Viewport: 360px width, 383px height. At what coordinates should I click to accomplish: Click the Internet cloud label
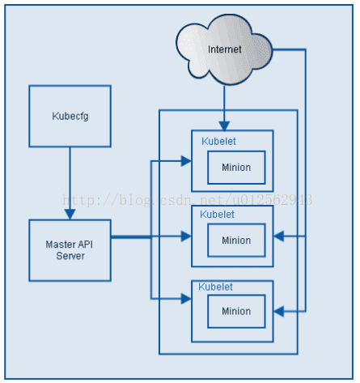coord(224,49)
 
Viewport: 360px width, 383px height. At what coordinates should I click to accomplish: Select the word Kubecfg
coord(70,116)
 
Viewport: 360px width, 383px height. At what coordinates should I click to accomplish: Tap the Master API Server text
coord(70,250)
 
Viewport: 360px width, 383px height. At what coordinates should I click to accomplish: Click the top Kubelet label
coord(218,141)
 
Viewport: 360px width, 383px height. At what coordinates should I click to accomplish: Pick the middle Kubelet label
coord(217,215)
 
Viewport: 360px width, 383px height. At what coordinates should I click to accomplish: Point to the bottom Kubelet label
coord(215,287)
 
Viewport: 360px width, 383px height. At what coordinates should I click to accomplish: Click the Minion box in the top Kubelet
coord(236,168)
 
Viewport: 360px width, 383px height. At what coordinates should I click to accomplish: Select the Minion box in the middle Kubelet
coord(236,240)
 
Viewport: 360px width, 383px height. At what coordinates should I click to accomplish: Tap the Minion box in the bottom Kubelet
coord(236,311)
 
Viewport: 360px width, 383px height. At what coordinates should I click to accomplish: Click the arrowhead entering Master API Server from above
coord(70,214)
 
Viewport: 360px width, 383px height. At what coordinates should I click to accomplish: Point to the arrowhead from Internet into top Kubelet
coord(224,126)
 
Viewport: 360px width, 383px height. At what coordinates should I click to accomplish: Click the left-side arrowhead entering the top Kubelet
coord(186,161)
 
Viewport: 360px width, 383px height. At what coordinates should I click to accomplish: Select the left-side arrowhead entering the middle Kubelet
coord(186,236)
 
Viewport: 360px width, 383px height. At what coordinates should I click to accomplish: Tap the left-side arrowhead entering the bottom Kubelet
coord(186,299)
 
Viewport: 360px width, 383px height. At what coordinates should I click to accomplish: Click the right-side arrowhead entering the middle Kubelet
coord(279,236)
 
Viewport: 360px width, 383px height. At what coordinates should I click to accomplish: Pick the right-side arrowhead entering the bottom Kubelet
coord(279,311)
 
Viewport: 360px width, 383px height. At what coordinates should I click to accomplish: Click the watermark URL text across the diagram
coord(188,200)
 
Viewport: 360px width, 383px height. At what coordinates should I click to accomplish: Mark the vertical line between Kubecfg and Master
coord(70,178)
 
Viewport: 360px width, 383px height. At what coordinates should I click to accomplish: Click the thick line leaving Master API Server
coord(131,237)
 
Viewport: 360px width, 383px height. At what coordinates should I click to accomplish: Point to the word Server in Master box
coord(70,256)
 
